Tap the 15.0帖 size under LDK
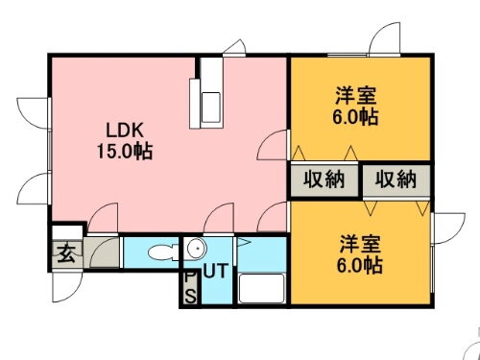[124, 151]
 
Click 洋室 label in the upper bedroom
[355, 97]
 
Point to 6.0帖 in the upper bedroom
[355, 117]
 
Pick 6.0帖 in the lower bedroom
[361, 264]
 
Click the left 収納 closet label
[324, 180]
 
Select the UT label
[215, 271]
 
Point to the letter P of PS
[189, 277]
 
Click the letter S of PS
[189, 296]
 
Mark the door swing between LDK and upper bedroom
[276, 144]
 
